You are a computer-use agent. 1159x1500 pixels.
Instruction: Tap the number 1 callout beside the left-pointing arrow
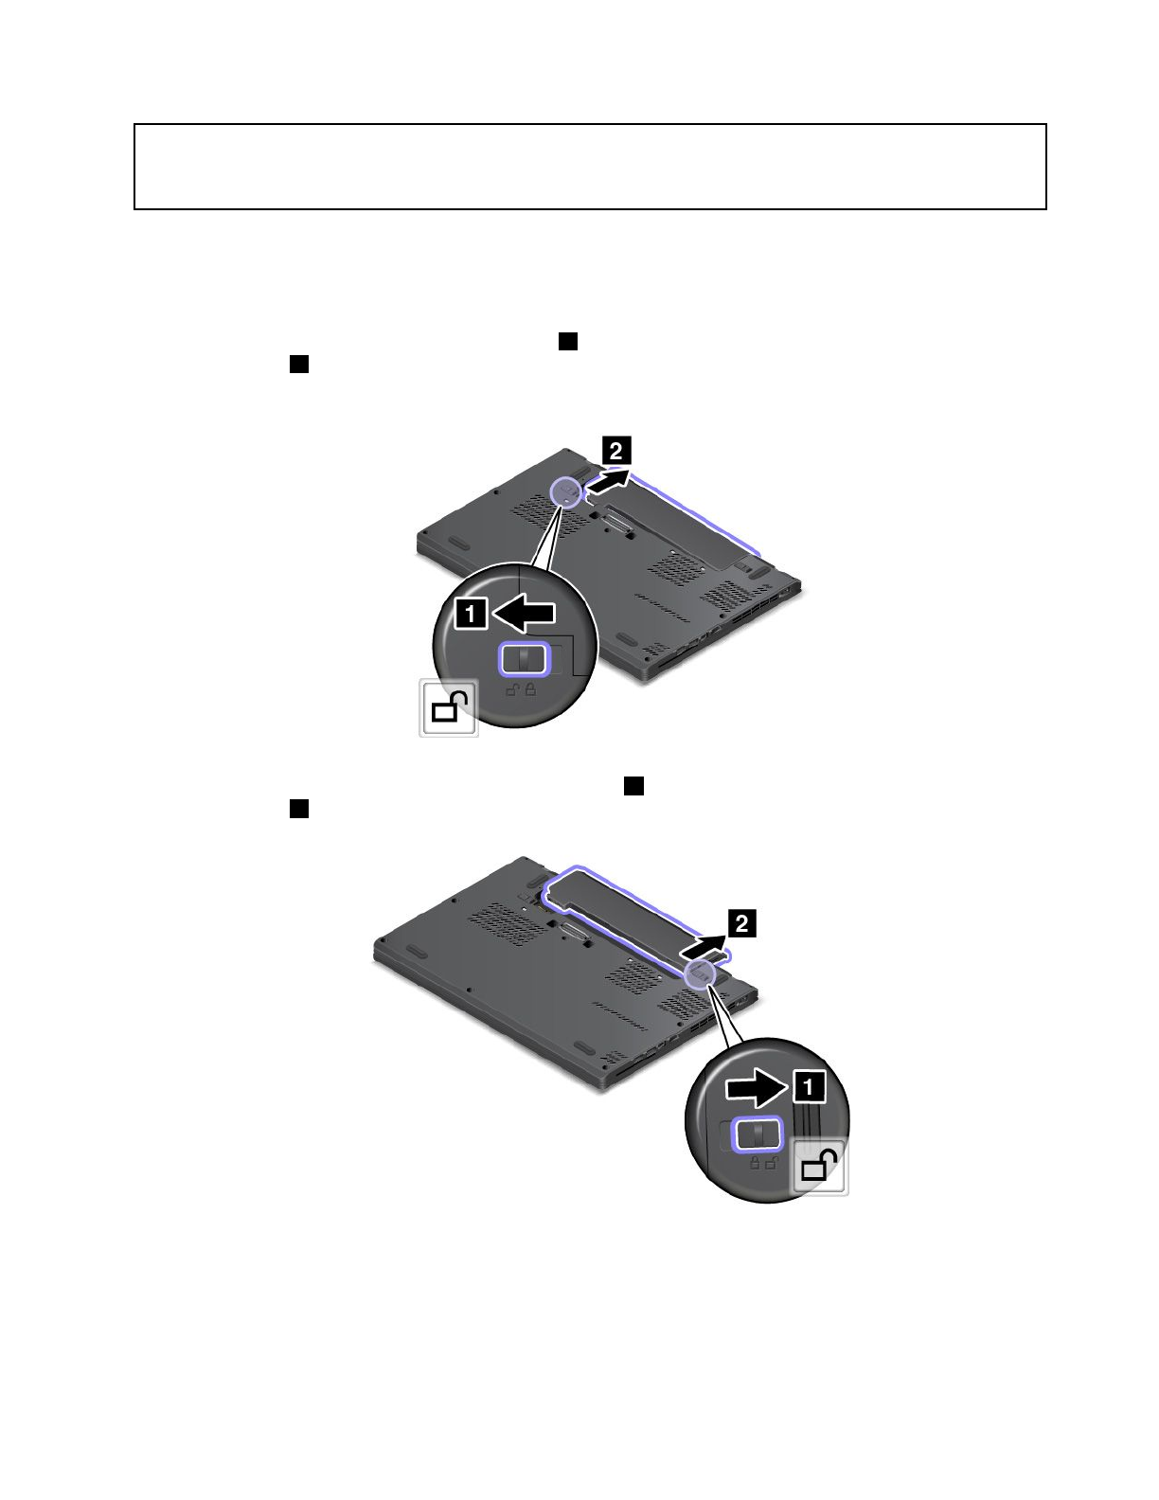[471, 613]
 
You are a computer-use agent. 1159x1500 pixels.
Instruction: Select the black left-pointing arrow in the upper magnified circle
[524, 613]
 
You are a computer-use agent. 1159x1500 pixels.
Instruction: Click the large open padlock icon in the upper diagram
[450, 707]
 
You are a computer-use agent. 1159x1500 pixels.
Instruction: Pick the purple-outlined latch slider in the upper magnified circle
[524, 659]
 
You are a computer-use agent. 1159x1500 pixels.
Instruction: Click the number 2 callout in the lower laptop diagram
[741, 923]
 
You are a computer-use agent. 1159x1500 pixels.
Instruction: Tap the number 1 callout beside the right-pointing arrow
[809, 1088]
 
